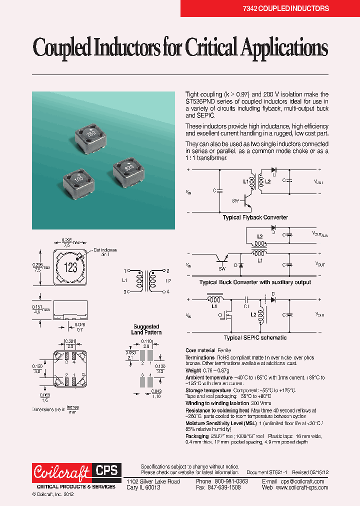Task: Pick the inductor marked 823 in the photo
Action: coord(128,168)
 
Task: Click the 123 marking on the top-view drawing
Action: coord(71,267)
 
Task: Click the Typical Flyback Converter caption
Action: coord(255,217)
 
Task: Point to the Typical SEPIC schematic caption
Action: coord(254,337)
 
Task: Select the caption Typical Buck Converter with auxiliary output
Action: coord(255,282)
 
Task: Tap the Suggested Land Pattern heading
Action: coord(146,329)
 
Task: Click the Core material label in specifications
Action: coord(200,350)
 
